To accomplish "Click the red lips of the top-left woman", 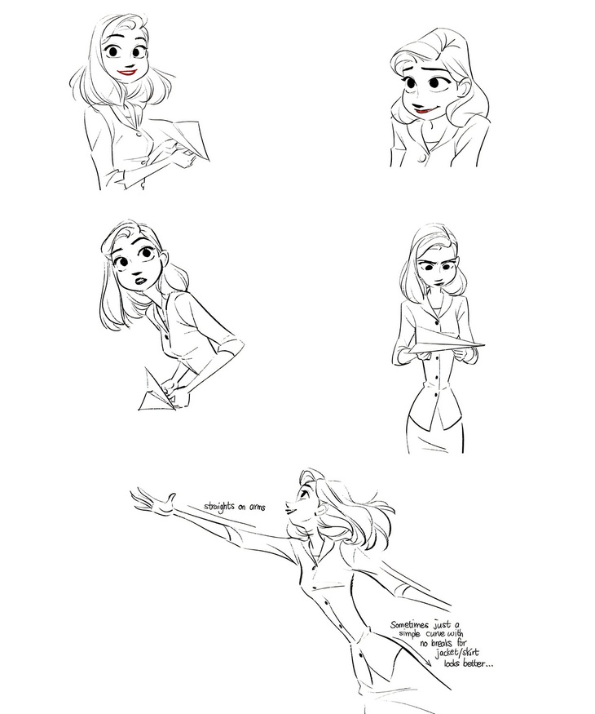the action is point(127,72).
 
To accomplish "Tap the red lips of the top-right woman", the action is point(424,109).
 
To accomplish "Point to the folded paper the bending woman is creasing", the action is point(157,392).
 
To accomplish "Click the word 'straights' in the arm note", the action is point(220,506).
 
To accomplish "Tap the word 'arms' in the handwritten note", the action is point(258,507).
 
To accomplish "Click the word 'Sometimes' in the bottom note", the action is point(409,625).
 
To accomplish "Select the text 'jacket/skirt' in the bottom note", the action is point(456,654).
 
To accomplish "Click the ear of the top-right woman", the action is point(465,86).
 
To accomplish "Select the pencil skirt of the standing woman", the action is point(435,435).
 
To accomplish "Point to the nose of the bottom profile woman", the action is point(288,504).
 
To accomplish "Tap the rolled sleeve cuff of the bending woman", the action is point(230,348).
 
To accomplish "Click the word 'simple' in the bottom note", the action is point(410,634).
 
